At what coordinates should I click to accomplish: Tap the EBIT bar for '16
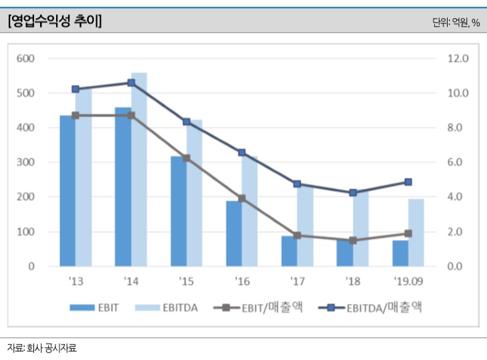[233, 233]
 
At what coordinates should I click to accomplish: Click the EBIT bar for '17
[289, 250]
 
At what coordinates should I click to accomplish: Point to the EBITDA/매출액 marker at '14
[131, 83]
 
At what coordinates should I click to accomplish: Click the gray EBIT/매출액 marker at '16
[242, 198]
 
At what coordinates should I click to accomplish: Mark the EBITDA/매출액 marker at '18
[353, 192]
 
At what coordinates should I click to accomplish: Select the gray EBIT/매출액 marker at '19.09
[408, 234]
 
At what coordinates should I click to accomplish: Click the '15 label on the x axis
[186, 282]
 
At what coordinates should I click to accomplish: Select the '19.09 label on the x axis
[408, 282]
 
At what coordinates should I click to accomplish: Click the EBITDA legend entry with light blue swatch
[166, 308]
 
